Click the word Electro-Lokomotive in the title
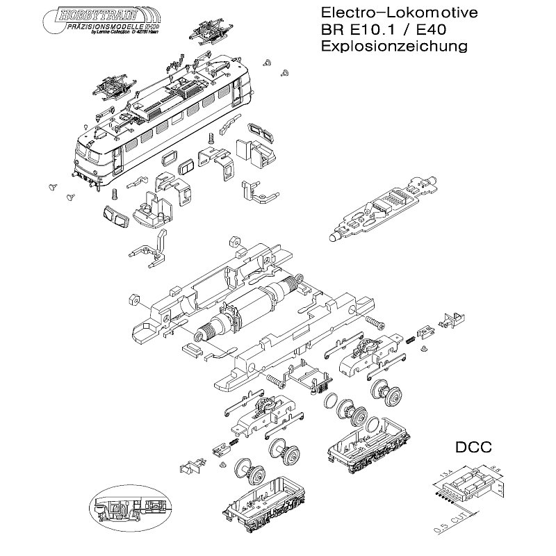coord(389,15)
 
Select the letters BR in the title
coord(330,31)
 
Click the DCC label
coord(474,448)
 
